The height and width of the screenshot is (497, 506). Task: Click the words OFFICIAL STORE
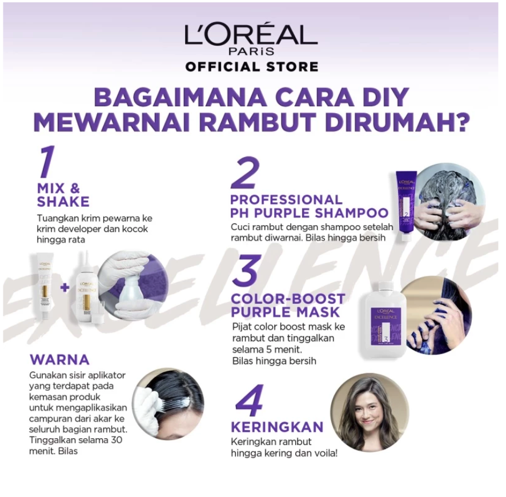click(x=251, y=67)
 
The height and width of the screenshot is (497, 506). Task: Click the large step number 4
click(x=249, y=400)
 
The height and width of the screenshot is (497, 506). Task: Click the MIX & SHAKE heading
click(x=63, y=195)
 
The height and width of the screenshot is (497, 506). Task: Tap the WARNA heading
click(x=59, y=359)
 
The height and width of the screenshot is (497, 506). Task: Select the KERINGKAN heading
click(x=277, y=427)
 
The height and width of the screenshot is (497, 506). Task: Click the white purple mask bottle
click(x=385, y=320)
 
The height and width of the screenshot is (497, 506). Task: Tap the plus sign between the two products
click(x=64, y=287)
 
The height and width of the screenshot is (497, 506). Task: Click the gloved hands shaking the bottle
click(x=131, y=286)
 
